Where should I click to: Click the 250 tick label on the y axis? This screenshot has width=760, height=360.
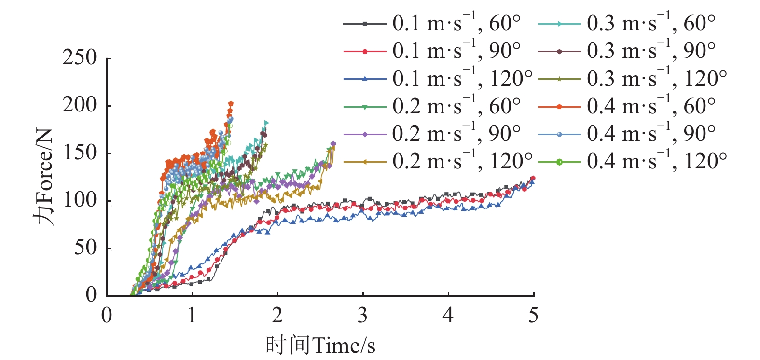click(80, 58)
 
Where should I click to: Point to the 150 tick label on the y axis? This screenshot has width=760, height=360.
click(80, 153)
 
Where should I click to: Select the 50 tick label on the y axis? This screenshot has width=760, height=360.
click(85, 248)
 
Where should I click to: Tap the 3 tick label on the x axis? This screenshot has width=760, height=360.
click(362, 316)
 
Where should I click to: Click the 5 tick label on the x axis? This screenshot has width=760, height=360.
click(533, 316)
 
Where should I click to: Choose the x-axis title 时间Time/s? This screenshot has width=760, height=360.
click(320, 346)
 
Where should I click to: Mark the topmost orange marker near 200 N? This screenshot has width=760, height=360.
click(231, 104)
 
